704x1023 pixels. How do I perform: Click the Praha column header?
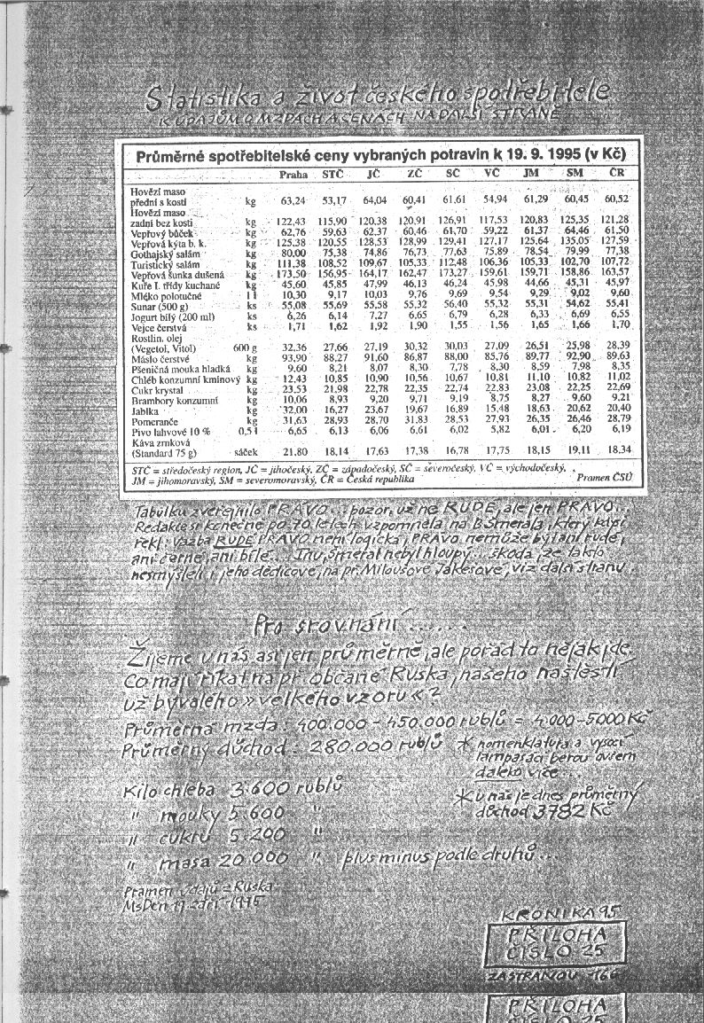click(x=293, y=175)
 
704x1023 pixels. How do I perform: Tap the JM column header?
click(x=532, y=174)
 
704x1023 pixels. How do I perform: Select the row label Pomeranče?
click(x=155, y=420)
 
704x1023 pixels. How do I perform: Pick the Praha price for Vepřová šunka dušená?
click(x=292, y=274)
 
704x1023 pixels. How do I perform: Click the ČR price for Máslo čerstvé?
click(x=618, y=357)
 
